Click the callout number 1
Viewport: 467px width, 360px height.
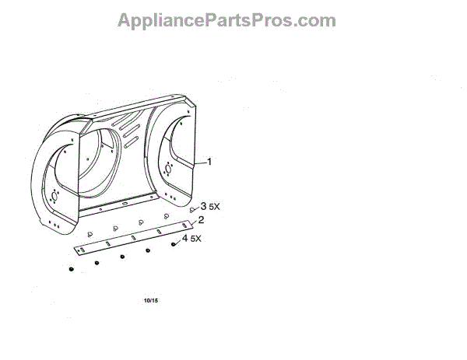tap(208, 162)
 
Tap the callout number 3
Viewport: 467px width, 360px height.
tap(204, 207)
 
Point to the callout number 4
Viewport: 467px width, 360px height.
tap(184, 239)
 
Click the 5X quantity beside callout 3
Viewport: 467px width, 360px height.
tap(215, 208)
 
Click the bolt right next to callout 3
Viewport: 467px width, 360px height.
tap(192, 210)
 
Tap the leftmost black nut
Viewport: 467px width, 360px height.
tap(70, 269)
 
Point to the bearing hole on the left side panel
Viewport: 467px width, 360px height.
tap(54, 194)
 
